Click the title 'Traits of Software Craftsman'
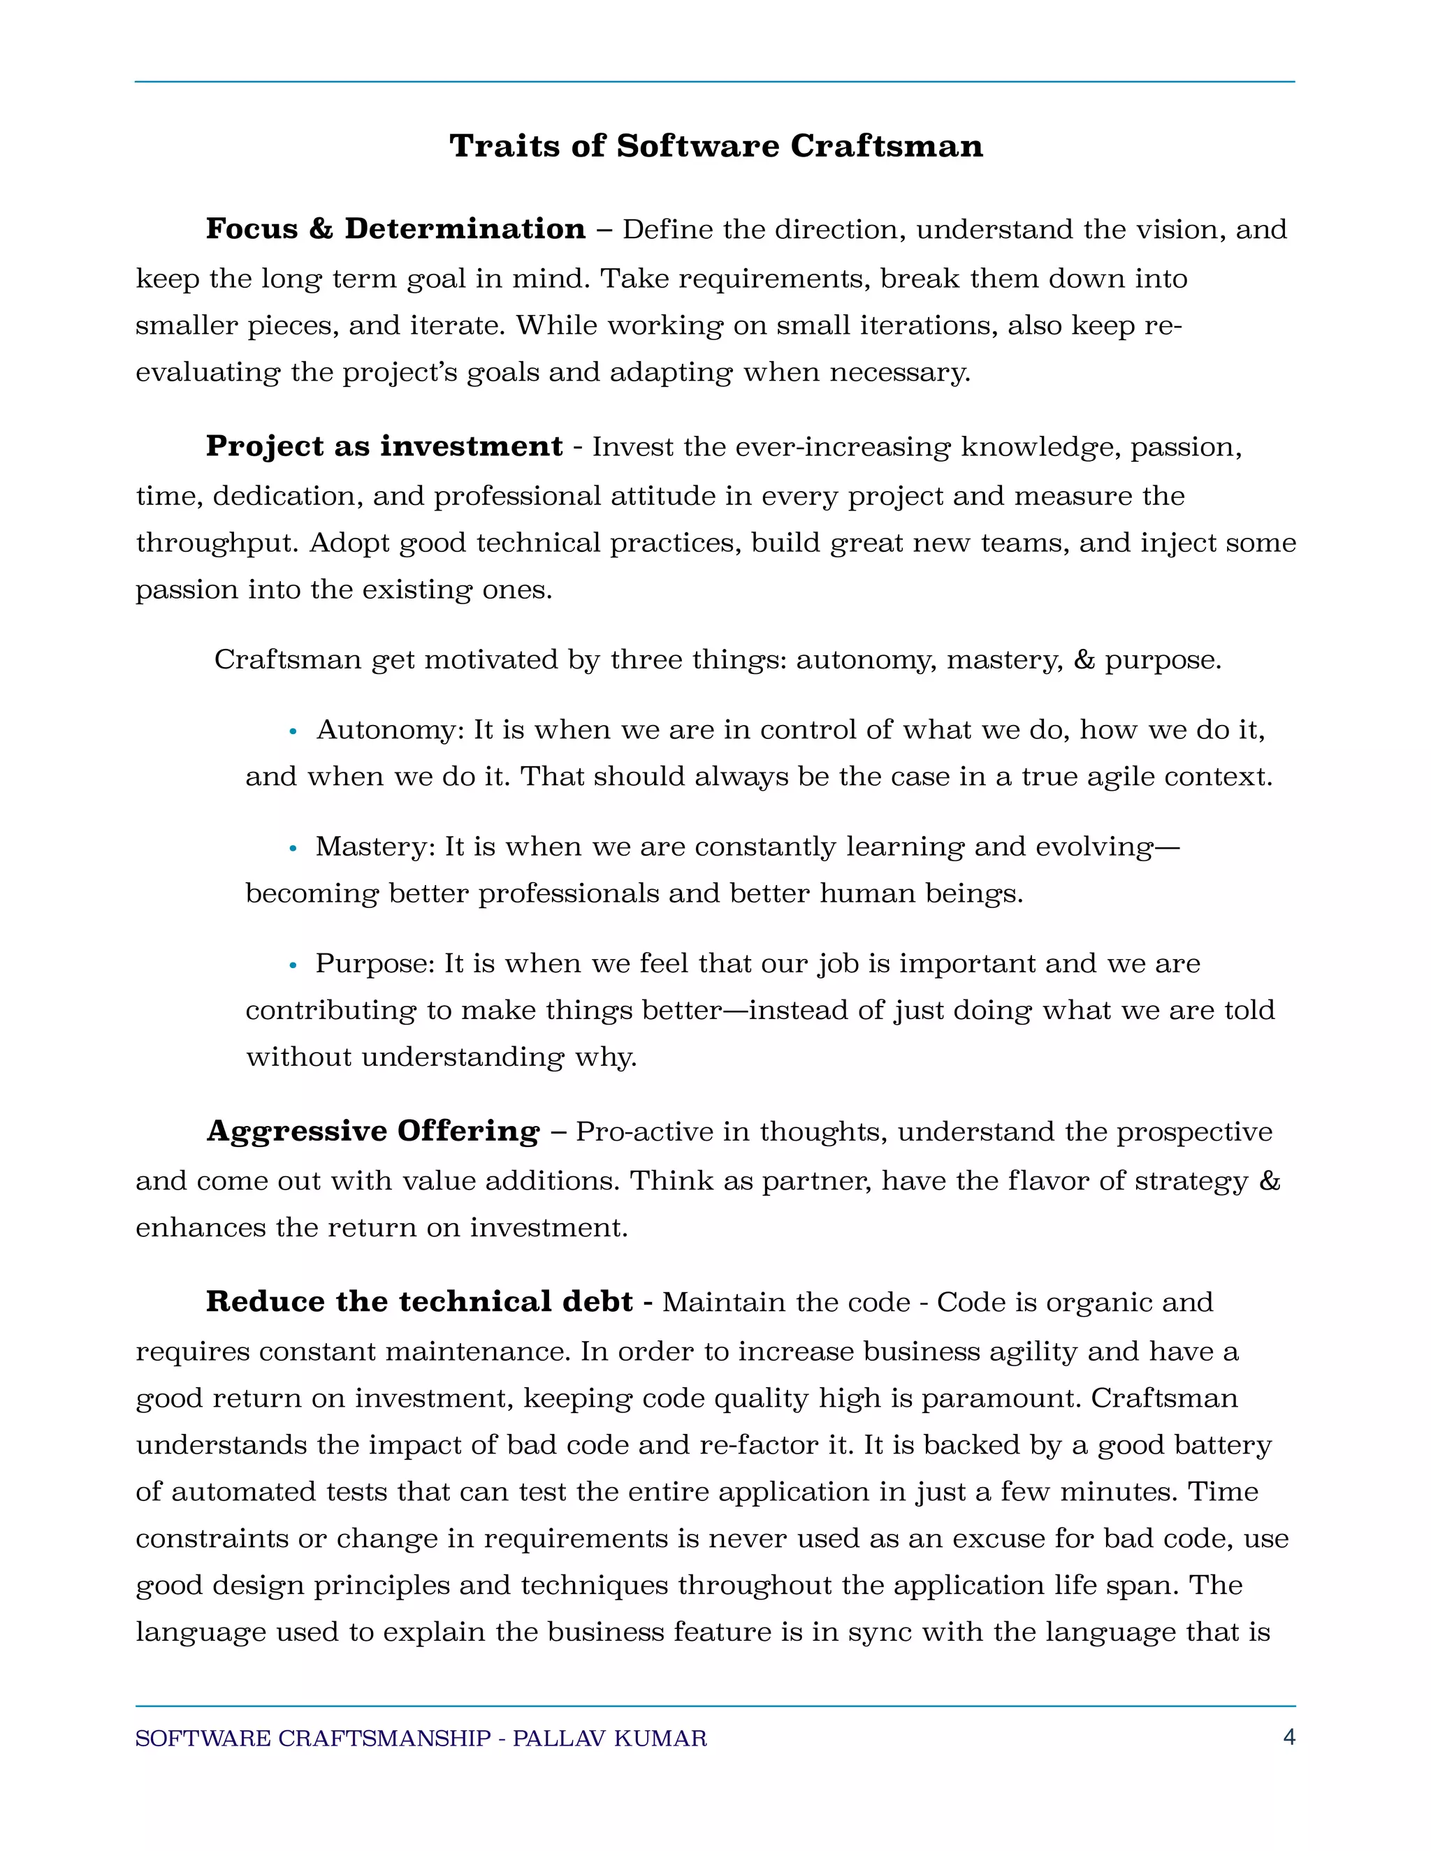(715, 146)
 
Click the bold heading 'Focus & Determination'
(395, 229)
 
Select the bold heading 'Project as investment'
(384, 446)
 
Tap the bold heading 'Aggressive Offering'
(373, 1131)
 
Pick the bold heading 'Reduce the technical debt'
(419, 1301)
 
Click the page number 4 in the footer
(1288, 1737)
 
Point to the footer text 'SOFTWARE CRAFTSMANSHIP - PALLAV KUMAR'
(421, 1739)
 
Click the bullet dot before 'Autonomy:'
(293, 731)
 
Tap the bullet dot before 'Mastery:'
(293, 847)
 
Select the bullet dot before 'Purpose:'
(293, 965)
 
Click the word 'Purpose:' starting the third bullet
(375, 964)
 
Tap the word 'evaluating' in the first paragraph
(208, 373)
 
